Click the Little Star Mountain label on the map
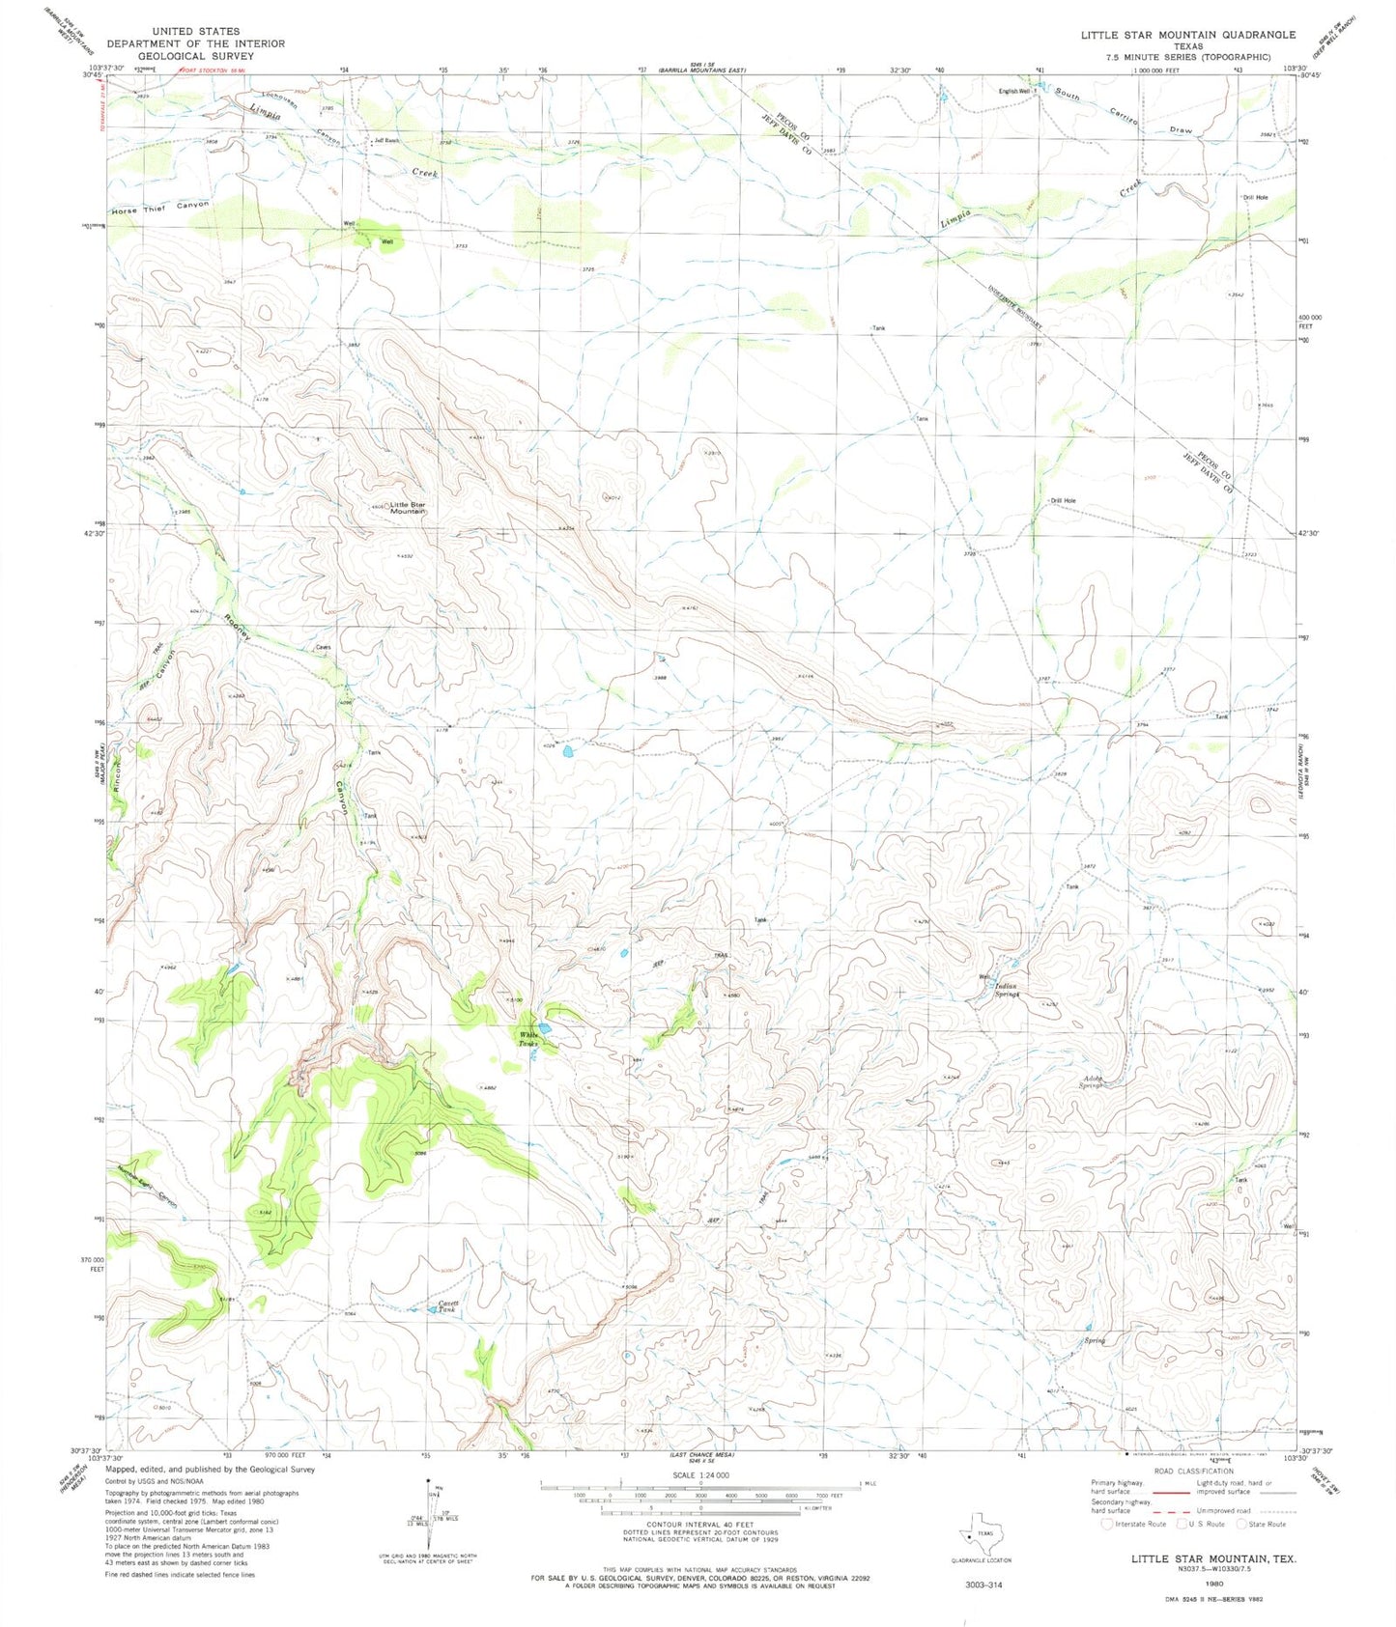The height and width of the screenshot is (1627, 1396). tap(407, 508)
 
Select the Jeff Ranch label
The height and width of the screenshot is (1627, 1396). tap(387, 141)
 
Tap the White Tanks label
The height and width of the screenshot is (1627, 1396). tap(527, 1038)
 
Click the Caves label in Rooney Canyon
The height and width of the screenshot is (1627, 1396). tap(324, 647)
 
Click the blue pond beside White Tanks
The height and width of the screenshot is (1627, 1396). tap(545, 1028)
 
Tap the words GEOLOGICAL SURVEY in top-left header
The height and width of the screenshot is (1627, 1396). tap(196, 56)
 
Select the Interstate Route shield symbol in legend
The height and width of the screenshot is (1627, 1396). tap(1107, 1524)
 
